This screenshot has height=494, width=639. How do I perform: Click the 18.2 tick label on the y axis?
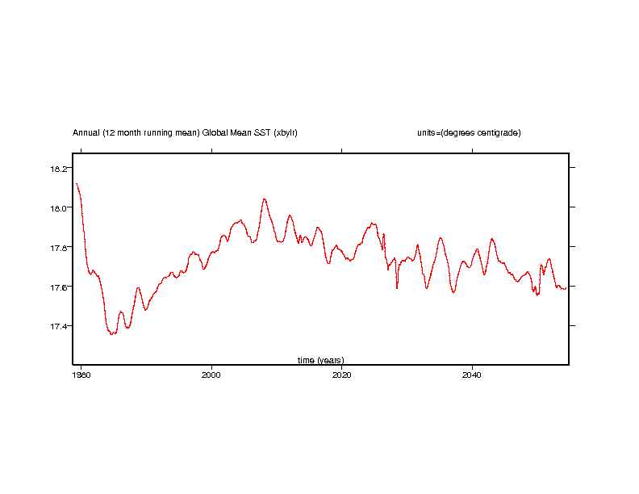pyautogui.click(x=61, y=168)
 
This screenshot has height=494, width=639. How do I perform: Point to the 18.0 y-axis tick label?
pyautogui.click(x=61, y=207)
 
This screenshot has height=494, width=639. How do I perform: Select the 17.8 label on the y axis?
pyautogui.click(x=61, y=247)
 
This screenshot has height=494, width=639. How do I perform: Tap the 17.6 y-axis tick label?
pyautogui.click(x=61, y=287)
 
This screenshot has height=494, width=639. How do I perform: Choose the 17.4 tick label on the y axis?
pyautogui.click(x=61, y=326)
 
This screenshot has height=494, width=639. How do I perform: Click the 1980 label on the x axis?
pyautogui.click(x=81, y=375)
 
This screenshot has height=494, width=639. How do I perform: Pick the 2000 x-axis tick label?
pyautogui.click(x=211, y=375)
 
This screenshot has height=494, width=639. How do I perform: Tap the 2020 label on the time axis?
pyautogui.click(x=342, y=375)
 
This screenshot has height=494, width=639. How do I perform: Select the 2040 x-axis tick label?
pyautogui.click(x=473, y=375)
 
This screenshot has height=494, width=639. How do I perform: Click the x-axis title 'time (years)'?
pyautogui.click(x=320, y=360)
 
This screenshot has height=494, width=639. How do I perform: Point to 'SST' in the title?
pyautogui.click(x=261, y=132)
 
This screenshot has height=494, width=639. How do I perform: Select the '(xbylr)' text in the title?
pyautogui.click(x=286, y=132)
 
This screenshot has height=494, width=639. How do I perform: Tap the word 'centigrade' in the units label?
pyautogui.click(x=499, y=132)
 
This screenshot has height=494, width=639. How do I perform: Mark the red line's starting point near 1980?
pyautogui.click(x=77, y=184)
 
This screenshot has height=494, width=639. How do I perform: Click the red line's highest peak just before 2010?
pyautogui.click(x=264, y=199)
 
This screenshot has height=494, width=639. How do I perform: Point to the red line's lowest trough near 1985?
pyautogui.click(x=112, y=333)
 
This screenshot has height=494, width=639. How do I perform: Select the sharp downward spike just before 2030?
pyautogui.click(x=396, y=288)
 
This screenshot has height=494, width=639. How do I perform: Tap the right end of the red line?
pyautogui.click(x=566, y=287)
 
